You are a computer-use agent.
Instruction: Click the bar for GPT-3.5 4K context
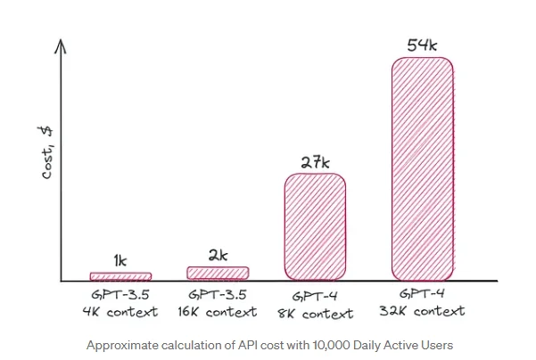tap(120, 276)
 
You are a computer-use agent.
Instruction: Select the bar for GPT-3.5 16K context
tap(218, 273)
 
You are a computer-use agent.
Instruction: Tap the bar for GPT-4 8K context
tap(315, 226)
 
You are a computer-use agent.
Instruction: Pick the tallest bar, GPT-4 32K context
tap(422, 168)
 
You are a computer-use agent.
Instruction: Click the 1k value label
tap(121, 261)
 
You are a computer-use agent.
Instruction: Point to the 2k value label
tap(218, 255)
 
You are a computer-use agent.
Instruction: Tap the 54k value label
tap(423, 45)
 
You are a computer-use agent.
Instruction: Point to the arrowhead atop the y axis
tap(62, 45)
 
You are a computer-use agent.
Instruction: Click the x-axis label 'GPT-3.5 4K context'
tap(121, 304)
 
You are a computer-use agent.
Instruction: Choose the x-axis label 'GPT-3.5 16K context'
tap(219, 304)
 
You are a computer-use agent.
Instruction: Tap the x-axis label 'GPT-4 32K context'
tap(423, 303)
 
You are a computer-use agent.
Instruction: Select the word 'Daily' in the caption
tap(367, 344)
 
